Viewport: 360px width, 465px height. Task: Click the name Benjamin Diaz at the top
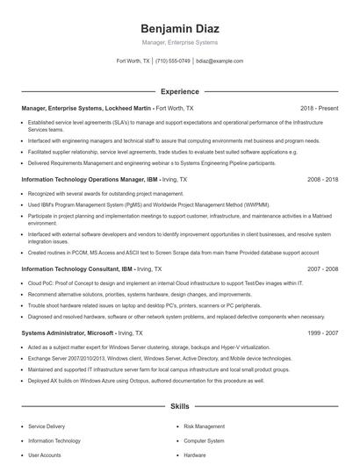[179, 26]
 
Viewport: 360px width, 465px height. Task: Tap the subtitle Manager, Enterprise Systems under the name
[179, 42]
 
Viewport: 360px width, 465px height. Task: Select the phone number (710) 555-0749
[173, 61]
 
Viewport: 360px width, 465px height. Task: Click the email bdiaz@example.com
[219, 61]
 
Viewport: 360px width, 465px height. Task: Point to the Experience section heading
[179, 90]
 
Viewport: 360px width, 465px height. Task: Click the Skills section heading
[179, 407]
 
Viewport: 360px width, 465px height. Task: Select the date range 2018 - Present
[319, 108]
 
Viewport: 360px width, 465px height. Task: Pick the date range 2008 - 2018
[322, 178]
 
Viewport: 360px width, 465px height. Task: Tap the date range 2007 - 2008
[322, 269]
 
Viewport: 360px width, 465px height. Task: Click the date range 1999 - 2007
[322, 333]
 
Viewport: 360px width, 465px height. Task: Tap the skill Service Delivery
[48, 425]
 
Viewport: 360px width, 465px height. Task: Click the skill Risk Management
[205, 425]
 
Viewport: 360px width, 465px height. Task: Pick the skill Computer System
[204, 440]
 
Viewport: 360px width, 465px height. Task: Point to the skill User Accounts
[45, 455]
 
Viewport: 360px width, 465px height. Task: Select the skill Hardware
[195, 455]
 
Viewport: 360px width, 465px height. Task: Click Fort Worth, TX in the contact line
[133, 61]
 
